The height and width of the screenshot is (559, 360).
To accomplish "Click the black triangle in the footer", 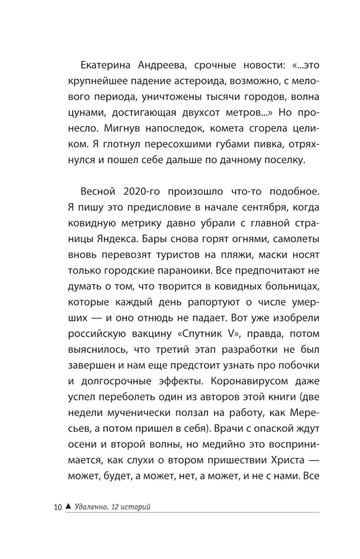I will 68,506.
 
